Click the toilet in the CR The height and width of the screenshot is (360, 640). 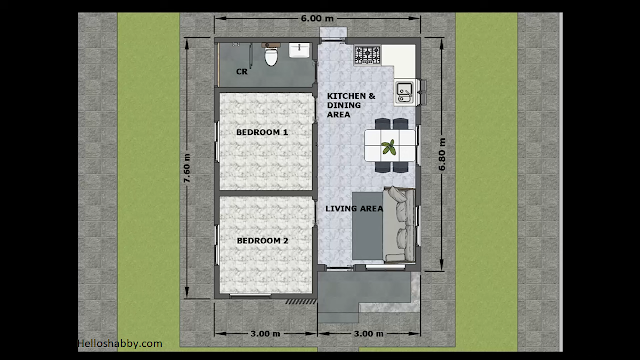[x=271, y=54]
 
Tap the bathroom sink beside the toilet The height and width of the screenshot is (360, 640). [x=299, y=50]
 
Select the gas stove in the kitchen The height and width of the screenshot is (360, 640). [x=367, y=55]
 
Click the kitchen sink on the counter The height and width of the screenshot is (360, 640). [x=404, y=93]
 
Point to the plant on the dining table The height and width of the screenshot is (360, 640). [x=389, y=147]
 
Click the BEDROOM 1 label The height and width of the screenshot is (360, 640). [x=262, y=132]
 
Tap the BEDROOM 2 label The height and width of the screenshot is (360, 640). [x=262, y=241]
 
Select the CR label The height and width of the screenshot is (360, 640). [x=242, y=72]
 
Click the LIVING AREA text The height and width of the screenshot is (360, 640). [x=354, y=209]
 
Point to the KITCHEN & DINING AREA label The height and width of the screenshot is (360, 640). [x=351, y=105]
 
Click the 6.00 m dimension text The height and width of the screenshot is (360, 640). [x=317, y=18]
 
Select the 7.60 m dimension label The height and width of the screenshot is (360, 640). [x=187, y=168]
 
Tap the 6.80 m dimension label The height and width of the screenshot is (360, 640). [x=442, y=154]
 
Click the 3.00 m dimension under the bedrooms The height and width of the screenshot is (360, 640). [x=265, y=334]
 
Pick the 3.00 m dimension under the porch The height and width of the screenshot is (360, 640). [x=369, y=334]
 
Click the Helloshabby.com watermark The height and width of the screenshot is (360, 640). [x=120, y=344]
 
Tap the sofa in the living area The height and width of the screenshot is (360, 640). [x=400, y=224]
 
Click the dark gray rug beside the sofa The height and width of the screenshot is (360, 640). [x=367, y=226]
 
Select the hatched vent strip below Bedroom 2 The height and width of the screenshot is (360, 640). [x=301, y=302]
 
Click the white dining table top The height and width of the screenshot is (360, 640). [x=391, y=145]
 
